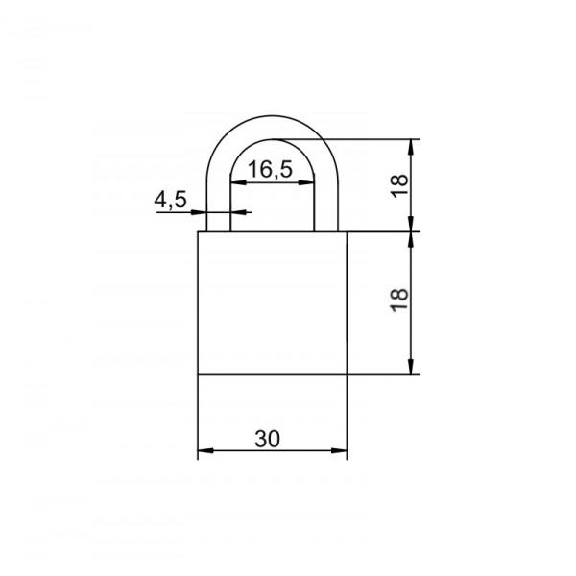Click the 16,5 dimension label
(271, 169)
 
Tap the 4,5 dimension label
(170, 201)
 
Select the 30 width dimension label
(268, 439)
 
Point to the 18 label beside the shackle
(399, 186)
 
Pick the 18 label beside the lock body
(399, 300)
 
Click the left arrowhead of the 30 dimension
(205, 450)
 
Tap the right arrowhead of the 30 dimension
(339, 450)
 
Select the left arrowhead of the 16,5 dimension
(238, 182)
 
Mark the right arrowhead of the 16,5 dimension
(306, 182)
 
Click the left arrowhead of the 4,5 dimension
(199, 212)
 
